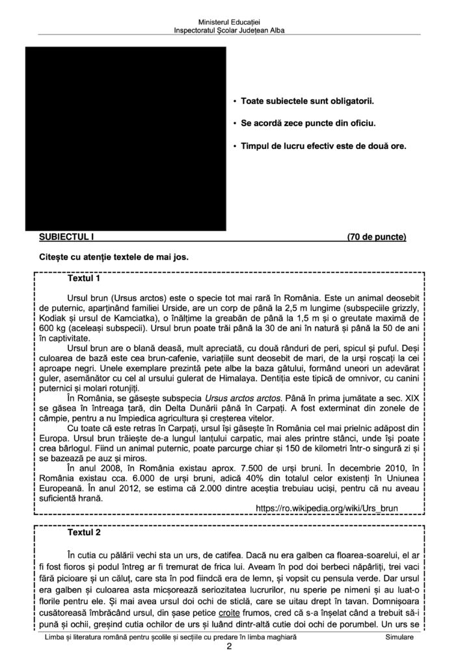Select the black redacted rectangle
tap(126, 139)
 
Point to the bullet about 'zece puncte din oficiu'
tap(308, 124)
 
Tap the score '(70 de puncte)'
tap(377, 237)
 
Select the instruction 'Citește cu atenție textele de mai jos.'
tap(114, 256)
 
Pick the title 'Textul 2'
tap(84, 533)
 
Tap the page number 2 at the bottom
tap(229, 648)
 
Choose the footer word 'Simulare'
tap(399, 640)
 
